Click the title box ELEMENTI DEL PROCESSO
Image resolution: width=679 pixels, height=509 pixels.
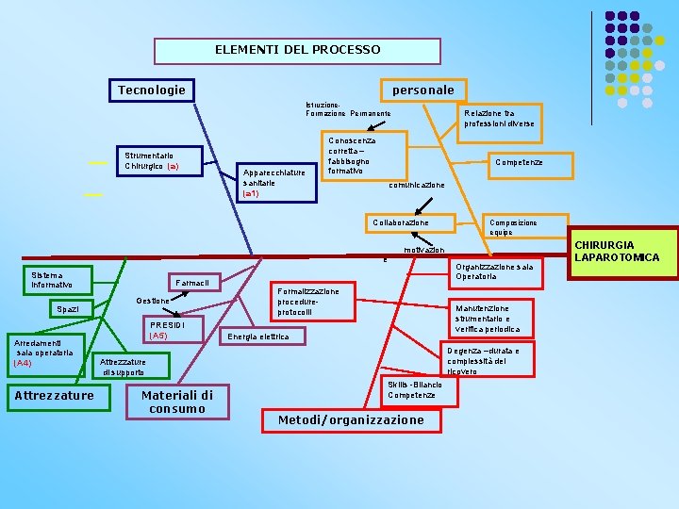pos(297,50)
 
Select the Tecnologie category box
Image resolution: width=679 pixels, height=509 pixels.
pos(151,90)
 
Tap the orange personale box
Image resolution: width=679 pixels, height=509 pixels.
pos(422,90)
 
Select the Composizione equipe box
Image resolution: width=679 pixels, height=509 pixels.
pos(513,227)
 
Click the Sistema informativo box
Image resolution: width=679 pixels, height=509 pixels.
pos(59,280)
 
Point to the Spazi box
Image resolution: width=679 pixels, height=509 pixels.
pos(67,309)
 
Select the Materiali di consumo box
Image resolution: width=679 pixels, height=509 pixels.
pos(176,402)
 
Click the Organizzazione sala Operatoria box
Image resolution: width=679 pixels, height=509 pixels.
pos(494,271)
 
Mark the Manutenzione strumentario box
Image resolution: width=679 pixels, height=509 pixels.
pos(487,319)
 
